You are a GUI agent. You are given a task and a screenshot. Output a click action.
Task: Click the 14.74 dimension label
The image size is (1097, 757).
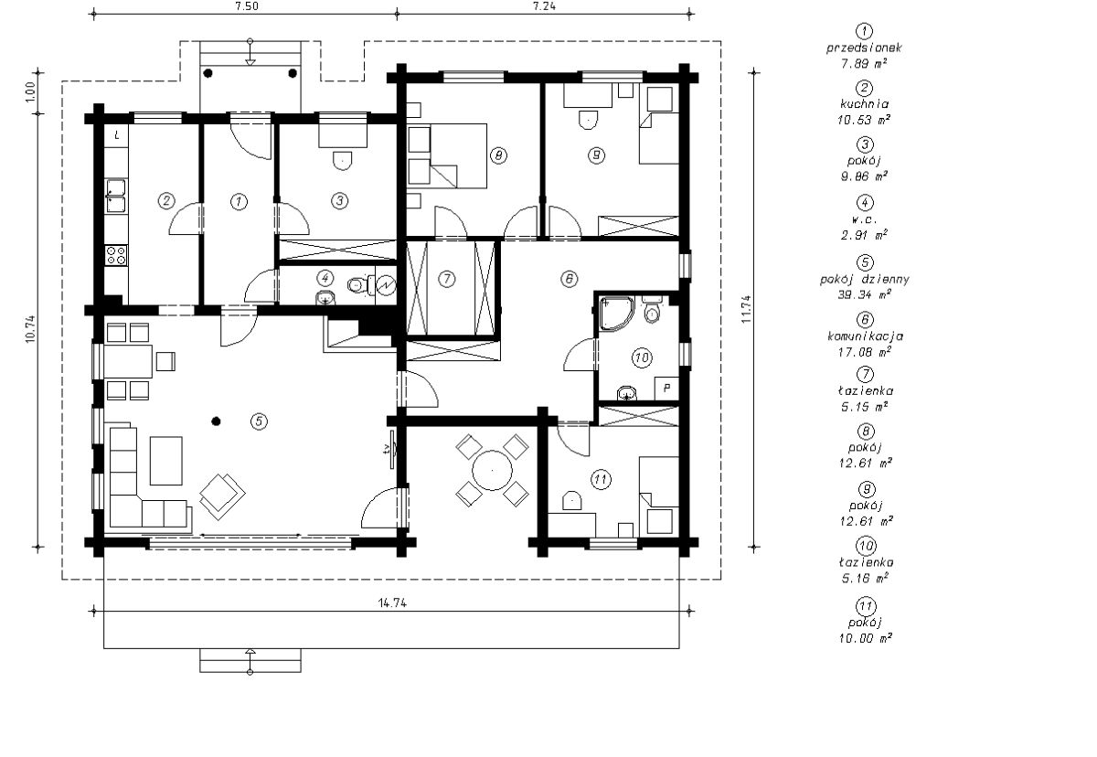click(392, 602)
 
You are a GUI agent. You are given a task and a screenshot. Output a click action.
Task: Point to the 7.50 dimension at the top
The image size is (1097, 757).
click(246, 5)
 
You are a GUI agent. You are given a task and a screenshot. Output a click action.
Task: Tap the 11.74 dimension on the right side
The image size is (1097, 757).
click(746, 309)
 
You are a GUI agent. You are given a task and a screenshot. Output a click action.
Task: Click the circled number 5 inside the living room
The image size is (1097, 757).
click(259, 421)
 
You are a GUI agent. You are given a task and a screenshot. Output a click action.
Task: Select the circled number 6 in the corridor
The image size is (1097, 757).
click(569, 279)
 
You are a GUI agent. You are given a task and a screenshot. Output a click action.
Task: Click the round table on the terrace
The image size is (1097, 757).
click(492, 471)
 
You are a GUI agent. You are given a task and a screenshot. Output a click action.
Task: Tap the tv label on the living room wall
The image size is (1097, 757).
click(387, 449)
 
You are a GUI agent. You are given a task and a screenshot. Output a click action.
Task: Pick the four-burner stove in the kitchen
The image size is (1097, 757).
click(116, 255)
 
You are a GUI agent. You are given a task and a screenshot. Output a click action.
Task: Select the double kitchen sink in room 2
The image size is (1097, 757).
click(116, 196)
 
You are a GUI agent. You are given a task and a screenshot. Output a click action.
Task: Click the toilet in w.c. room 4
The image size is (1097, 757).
click(356, 284)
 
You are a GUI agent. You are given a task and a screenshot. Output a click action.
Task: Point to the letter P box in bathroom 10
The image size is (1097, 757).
click(666, 389)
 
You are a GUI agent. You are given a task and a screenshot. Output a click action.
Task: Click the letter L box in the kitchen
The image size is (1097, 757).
click(117, 135)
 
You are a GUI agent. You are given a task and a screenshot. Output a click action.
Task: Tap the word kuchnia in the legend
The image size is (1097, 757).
click(865, 104)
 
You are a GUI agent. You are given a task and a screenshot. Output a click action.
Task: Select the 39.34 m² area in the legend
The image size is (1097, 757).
click(865, 294)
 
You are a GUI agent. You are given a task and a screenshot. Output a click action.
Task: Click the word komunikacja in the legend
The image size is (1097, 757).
click(865, 336)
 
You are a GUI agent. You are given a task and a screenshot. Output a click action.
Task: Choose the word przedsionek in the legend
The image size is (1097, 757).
click(865, 48)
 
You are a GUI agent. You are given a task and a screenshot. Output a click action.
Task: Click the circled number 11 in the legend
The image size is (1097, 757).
click(865, 607)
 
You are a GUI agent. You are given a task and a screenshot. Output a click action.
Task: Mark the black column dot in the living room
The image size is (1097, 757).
click(216, 421)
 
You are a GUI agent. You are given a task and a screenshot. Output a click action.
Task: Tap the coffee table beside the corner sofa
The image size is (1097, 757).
click(166, 461)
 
